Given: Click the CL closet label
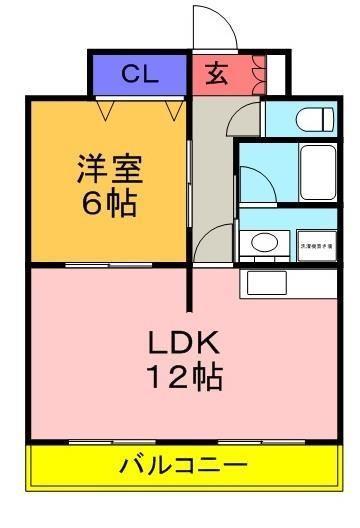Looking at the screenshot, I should point(138,73).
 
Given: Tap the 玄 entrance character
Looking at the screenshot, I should point(215,73).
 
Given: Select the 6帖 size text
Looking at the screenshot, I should point(107,204).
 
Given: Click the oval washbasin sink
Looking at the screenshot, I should point(264,241).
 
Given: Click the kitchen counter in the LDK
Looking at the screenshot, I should point(289,281).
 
